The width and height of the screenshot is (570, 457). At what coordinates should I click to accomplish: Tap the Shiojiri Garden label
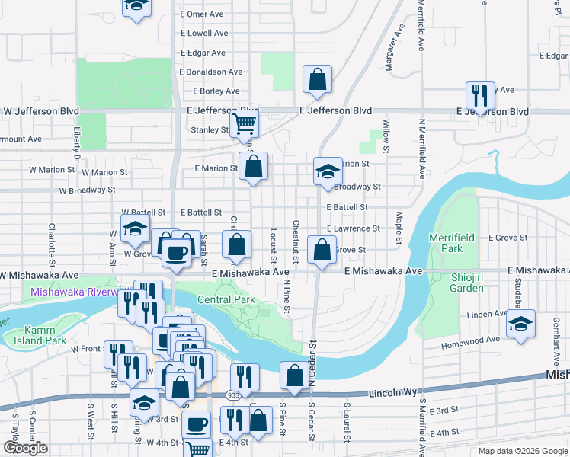point(456,283)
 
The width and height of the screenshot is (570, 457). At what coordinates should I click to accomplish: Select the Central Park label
point(226,299)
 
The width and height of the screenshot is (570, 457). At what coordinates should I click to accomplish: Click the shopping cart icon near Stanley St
point(245,123)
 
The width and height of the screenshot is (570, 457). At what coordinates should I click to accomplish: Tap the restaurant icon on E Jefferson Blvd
point(480,95)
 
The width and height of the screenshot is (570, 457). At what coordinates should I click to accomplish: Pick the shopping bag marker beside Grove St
point(322,249)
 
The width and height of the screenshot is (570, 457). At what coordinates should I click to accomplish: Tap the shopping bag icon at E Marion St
point(254,165)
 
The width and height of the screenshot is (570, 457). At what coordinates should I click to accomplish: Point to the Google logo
point(25,448)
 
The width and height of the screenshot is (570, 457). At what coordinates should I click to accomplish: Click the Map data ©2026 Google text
point(522,451)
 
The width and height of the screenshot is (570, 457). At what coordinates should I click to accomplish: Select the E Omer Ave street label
point(202,14)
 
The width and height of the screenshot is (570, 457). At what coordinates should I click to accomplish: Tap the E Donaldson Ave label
point(211,72)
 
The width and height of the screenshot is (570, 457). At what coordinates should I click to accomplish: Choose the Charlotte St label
point(52,238)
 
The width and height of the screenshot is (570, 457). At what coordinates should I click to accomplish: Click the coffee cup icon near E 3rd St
point(197,423)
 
